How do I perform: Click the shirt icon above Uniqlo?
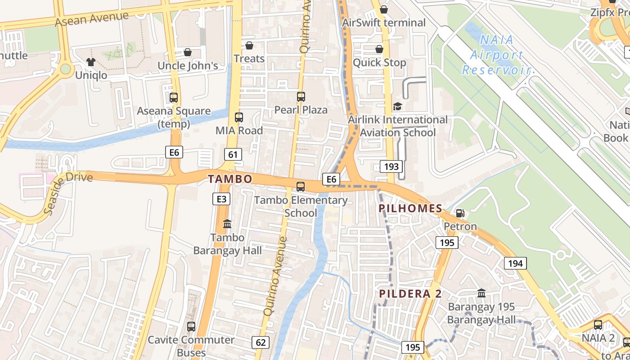(x=91, y=62)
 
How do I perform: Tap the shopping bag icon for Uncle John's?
(x=188, y=52)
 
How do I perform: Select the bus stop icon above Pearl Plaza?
(x=301, y=96)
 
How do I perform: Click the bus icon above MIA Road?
(x=239, y=117)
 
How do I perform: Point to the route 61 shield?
(x=233, y=155)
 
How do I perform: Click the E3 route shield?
(x=221, y=198)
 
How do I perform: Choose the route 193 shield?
(x=391, y=166)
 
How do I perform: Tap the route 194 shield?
(x=515, y=263)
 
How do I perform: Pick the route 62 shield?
(x=261, y=342)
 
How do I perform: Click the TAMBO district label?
(x=230, y=179)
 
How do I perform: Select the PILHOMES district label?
(x=411, y=208)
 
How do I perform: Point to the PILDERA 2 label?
(x=410, y=294)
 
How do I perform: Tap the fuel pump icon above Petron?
(x=460, y=213)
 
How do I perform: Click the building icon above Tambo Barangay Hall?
(x=227, y=224)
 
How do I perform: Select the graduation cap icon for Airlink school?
(x=397, y=107)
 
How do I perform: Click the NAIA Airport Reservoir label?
(x=497, y=55)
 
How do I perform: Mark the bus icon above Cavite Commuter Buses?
(x=191, y=327)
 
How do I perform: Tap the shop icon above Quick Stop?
(x=379, y=49)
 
